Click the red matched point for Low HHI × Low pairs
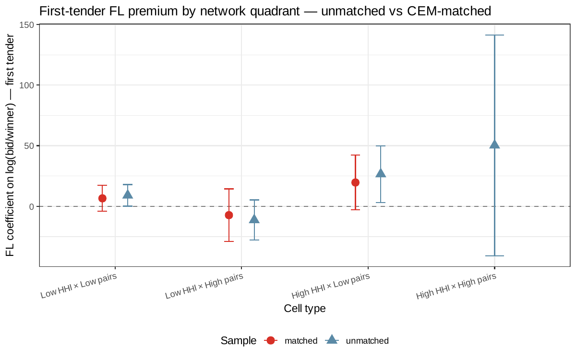tap(102, 198)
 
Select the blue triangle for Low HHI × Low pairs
tap(128, 194)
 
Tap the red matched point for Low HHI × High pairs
tap(229, 215)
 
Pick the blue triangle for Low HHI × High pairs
tap(254, 219)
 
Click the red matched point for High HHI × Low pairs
tap(355, 182)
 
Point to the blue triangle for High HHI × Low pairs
tap(381, 173)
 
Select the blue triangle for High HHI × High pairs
tap(494, 144)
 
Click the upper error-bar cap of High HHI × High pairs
tap(494, 35)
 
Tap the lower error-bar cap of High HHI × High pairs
tap(494, 256)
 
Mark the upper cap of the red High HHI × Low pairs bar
tap(355, 155)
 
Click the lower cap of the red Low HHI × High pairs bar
tap(229, 241)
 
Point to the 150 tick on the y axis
tap(38, 24)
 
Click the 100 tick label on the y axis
tap(27, 85)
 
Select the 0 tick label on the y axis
tap(32, 206)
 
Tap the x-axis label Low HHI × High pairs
tap(204, 286)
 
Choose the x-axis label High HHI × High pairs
tap(456, 286)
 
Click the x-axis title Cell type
tap(305, 308)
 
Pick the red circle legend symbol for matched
tap(271, 340)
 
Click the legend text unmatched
tap(367, 341)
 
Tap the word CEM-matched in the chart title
tap(449, 11)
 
